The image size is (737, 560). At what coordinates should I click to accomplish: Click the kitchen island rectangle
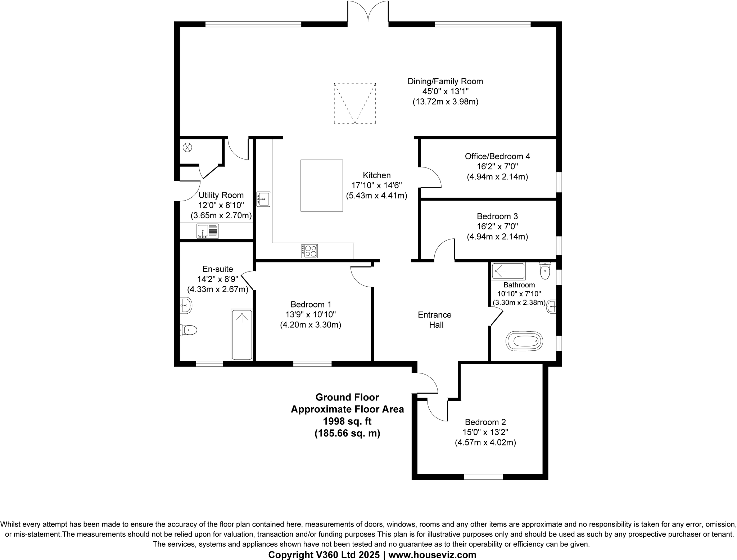(321, 185)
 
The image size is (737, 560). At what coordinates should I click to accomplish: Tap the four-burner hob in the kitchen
(309, 251)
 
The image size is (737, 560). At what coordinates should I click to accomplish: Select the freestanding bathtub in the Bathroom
(524, 341)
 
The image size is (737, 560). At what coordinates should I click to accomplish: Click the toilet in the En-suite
(189, 330)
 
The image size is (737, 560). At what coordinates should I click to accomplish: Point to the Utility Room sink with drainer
(208, 231)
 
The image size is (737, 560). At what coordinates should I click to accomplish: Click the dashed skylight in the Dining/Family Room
(355, 103)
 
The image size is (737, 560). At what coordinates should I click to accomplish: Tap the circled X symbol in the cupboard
(188, 147)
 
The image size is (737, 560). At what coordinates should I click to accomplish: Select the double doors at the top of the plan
(368, 13)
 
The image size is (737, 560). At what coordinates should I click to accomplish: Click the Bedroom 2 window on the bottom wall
(483, 477)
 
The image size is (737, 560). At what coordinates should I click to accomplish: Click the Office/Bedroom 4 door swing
(430, 177)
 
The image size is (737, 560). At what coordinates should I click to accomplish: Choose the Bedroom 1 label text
(311, 304)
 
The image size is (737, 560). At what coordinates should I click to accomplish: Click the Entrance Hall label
(435, 320)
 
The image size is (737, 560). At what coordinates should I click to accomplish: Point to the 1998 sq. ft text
(347, 421)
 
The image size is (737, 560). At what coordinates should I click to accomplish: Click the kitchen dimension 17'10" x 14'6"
(376, 185)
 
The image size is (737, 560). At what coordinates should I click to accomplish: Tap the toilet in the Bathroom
(545, 271)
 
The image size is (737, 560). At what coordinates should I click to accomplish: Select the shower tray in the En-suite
(242, 334)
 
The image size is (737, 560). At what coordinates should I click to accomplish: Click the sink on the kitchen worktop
(263, 199)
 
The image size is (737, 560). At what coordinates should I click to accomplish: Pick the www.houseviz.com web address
(432, 555)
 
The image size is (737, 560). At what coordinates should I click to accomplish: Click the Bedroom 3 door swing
(445, 249)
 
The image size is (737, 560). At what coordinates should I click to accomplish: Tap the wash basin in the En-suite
(186, 306)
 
